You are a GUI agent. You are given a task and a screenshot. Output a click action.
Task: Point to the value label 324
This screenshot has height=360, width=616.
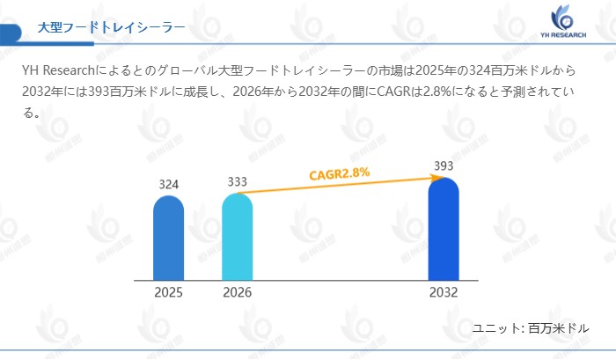169,185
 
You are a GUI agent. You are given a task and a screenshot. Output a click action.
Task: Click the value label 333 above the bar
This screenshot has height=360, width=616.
237,182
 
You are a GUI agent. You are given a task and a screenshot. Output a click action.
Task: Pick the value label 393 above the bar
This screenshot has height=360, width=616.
444,165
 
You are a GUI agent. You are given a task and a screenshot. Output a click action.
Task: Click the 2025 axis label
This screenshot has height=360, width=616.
168,292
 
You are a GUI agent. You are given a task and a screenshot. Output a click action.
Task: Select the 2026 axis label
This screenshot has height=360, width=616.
237,292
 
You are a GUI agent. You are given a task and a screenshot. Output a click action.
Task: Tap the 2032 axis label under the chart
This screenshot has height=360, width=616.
444,292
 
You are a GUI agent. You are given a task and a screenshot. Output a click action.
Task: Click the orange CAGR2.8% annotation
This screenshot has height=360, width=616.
339,173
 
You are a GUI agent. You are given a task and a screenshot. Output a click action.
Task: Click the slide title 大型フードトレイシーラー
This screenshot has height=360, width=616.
111,27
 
